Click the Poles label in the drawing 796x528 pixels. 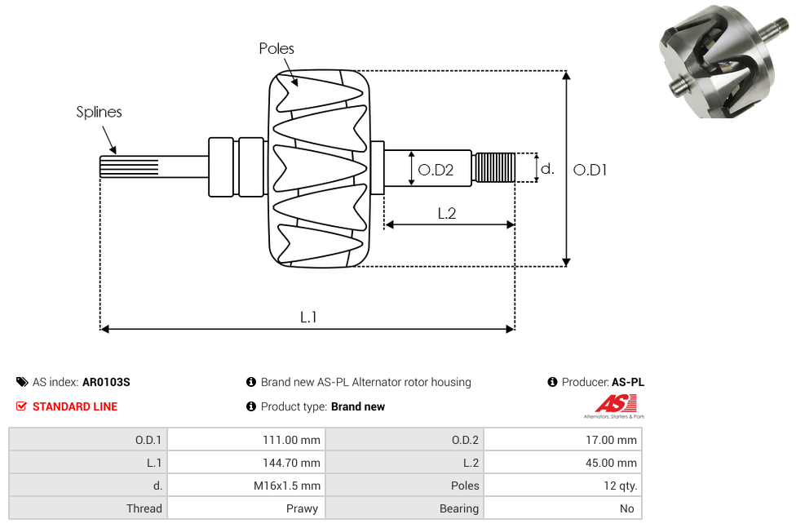click(x=276, y=49)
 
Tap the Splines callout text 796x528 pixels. click(x=99, y=112)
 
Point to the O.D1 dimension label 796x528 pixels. click(x=590, y=170)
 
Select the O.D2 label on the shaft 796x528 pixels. click(x=436, y=170)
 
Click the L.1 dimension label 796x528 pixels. click(x=308, y=317)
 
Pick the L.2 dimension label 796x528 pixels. click(x=446, y=213)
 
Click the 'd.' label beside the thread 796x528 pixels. click(x=547, y=169)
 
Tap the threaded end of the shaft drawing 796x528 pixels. click(x=494, y=167)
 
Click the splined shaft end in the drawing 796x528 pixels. click(x=128, y=167)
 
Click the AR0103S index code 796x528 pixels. click(x=106, y=382)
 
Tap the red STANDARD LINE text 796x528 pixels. click(x=74, y=406)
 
